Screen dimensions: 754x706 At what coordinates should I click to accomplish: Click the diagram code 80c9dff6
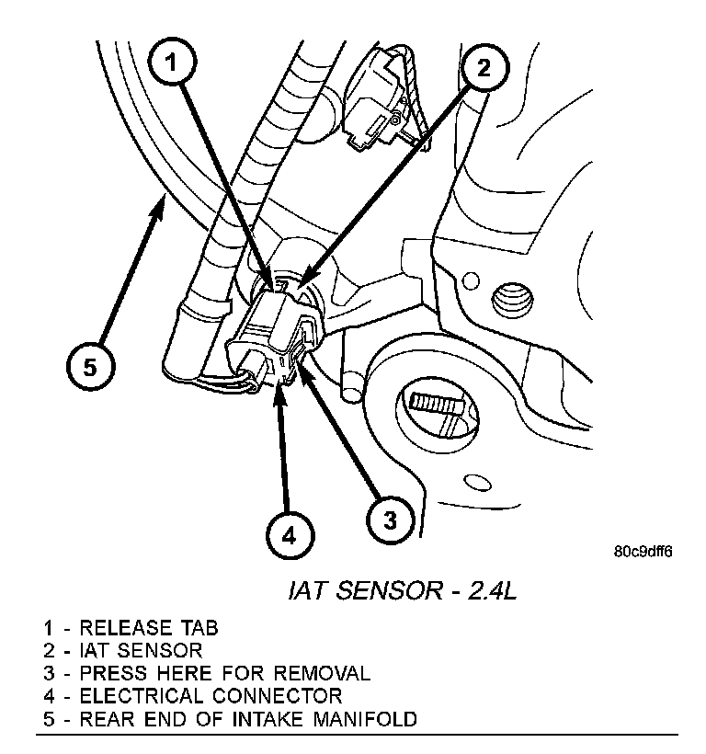coord(643,553)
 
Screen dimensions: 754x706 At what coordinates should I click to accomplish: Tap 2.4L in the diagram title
coord(487,590)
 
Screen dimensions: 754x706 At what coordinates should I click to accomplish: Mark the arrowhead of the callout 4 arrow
coord(279,392)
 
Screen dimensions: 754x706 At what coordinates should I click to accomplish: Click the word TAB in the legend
coord(199,629)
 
